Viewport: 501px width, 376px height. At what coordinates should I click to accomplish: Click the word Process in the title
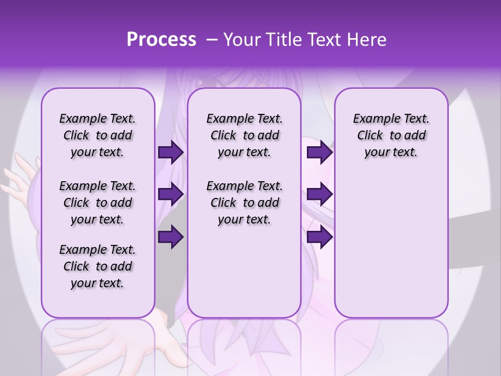point(161,40)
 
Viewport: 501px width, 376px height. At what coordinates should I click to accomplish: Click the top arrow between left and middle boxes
point(171,152)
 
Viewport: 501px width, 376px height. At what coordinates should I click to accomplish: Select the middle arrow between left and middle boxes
point(171,194)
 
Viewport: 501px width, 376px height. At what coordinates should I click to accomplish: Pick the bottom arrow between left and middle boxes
point(171,237)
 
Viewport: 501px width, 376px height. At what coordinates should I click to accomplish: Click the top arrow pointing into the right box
point(319,152)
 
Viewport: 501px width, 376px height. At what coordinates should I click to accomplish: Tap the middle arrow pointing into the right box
point(319,194)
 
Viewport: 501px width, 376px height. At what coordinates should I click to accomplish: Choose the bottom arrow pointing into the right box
point(319,237)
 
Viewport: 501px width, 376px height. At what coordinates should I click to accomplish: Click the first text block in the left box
point(98,136)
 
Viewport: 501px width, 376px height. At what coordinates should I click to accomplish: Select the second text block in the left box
point(98,203)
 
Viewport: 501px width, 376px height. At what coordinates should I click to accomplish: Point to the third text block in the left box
point(98,266)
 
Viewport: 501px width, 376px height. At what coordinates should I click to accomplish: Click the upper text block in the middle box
point(244,136)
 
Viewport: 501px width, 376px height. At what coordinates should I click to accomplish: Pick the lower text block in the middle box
point(244,203)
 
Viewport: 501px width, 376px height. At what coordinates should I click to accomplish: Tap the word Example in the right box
point(372,119)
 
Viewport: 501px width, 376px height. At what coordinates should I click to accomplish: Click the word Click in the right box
point(370,136)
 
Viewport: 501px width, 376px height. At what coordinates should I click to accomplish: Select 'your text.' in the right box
point(391,152)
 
